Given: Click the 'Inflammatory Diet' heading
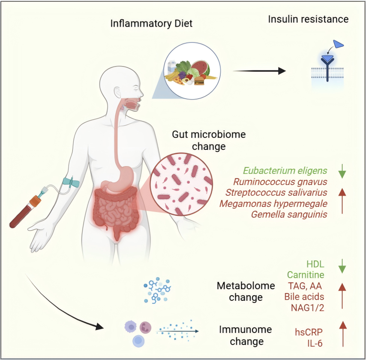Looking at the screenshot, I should [151, 23].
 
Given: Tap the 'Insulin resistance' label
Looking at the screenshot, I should [308, 19].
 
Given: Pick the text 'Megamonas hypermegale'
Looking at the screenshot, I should [273, 203].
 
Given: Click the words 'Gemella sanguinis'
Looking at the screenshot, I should [279, 214].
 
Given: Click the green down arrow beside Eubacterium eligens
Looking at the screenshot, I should [342, 170].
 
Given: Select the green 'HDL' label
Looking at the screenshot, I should [315, 264].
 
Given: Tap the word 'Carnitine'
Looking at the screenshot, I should [306, 275].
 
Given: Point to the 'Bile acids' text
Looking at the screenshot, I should [304, 296].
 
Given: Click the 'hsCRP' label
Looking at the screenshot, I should [309, 332].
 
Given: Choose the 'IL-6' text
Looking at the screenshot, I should [315, 343].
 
